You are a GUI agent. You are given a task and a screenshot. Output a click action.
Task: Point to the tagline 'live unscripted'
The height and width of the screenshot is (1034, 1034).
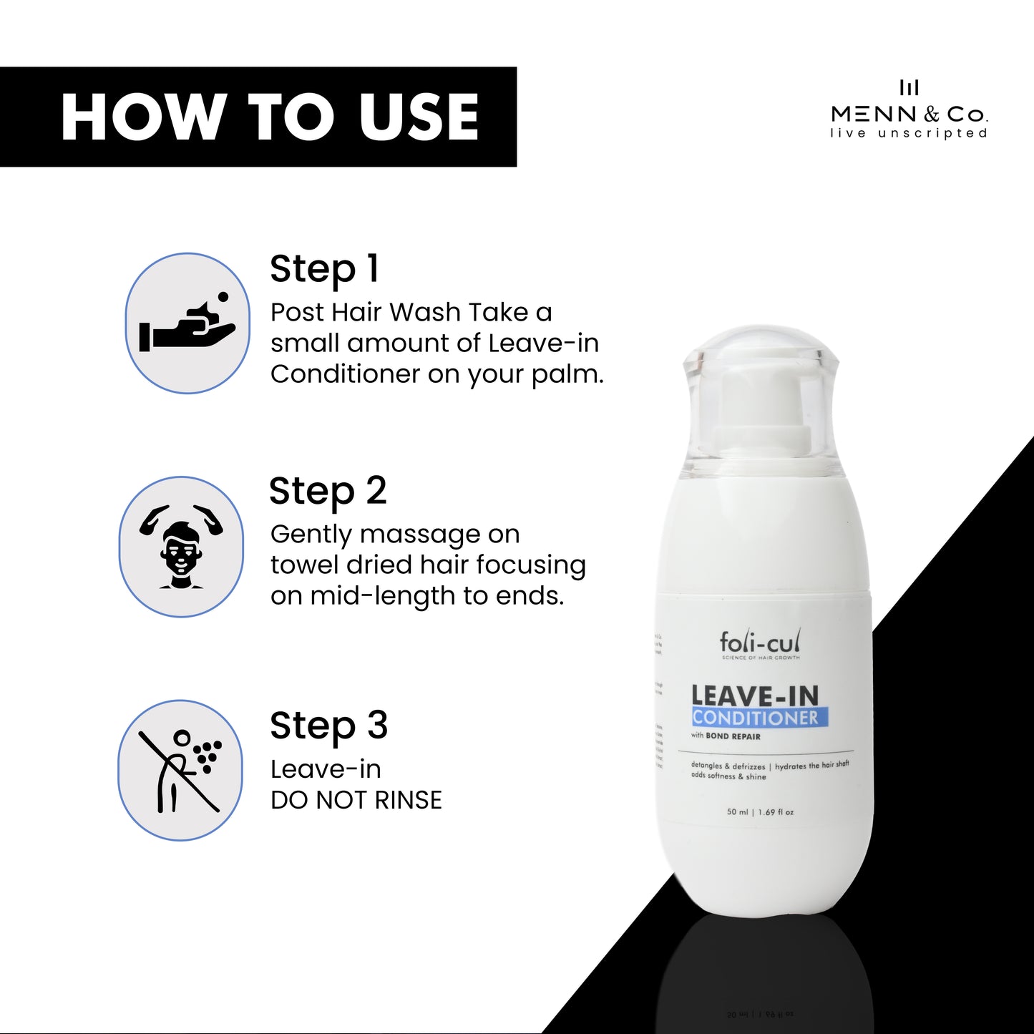[909, 133]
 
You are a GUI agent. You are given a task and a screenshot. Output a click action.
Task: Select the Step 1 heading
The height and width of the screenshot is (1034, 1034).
[324, 270]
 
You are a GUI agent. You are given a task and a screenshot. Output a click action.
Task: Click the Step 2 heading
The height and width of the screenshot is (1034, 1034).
[328, 492]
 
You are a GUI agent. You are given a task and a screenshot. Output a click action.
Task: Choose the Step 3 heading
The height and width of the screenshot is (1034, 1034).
[328, 726]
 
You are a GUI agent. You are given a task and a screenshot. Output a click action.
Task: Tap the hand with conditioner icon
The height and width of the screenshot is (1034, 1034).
[187, 323]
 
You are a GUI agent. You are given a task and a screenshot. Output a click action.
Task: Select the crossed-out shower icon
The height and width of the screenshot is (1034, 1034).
[180, 770]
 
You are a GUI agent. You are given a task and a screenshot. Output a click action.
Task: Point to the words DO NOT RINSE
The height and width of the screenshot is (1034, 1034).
[356, 800]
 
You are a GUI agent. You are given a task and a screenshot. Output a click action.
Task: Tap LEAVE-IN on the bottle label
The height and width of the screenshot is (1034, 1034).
[755, 696]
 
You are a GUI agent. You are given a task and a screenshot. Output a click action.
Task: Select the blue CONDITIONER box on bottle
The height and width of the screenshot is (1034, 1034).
[759, 718]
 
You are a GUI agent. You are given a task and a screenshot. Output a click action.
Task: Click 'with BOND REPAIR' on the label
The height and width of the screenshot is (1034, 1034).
[726, 736]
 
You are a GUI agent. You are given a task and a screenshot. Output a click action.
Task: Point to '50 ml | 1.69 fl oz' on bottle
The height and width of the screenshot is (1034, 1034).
[760, 812]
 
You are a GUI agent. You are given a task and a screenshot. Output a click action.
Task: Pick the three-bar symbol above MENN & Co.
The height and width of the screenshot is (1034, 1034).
[909, 88]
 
